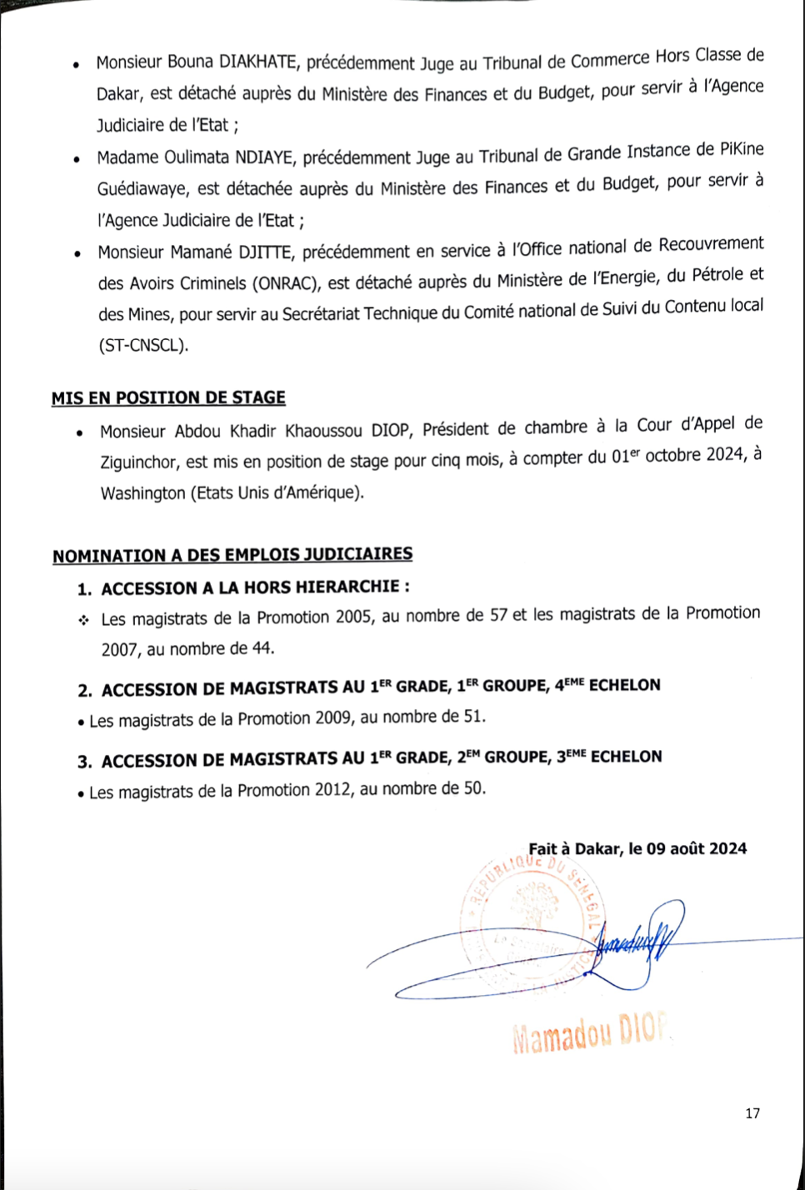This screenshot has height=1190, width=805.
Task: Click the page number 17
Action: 752,1113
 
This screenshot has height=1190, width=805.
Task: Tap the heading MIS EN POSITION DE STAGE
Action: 168,397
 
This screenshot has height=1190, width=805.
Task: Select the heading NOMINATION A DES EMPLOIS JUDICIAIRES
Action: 232,555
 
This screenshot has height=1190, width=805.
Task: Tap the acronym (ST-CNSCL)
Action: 143,345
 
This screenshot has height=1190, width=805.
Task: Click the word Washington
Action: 142,493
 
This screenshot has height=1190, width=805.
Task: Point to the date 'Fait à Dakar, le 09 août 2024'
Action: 637,848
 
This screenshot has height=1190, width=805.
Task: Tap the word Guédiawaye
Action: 142,189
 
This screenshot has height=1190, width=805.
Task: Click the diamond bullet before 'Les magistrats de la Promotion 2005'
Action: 83,620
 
